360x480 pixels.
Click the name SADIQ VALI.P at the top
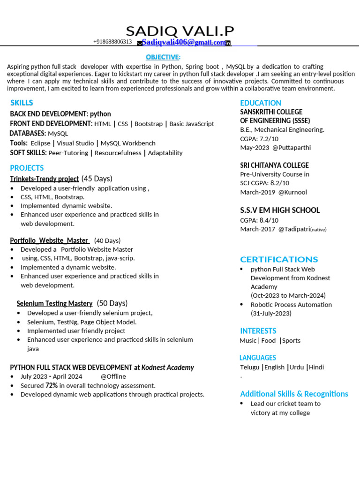(x=180, y=31)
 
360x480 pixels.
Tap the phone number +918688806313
(x=112, y=42)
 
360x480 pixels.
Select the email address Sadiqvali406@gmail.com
(x=184, y=42)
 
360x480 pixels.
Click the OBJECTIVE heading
(x=162, y=57)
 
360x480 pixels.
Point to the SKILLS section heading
(x=22, y=103)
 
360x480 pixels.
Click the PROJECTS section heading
(x=27, y=168)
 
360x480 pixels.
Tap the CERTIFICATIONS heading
(x=279, y=259)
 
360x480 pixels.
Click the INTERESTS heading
(x=258, y=330)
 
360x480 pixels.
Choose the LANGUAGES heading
(x=258, y=358)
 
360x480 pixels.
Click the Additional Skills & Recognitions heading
(x=294, y=394)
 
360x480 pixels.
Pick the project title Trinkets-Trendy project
(x=44, y=179)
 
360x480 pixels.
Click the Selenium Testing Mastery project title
(x=54, y=303)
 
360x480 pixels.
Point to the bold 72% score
(x=52, y=385)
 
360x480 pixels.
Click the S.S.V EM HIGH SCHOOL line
(x=280, y=210)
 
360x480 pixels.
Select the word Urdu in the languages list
(x=296, y=367)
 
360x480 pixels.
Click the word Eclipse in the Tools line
(x=40, y=143)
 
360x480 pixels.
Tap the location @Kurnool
(x=292, y=192)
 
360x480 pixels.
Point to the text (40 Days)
(x=107, y=240)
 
